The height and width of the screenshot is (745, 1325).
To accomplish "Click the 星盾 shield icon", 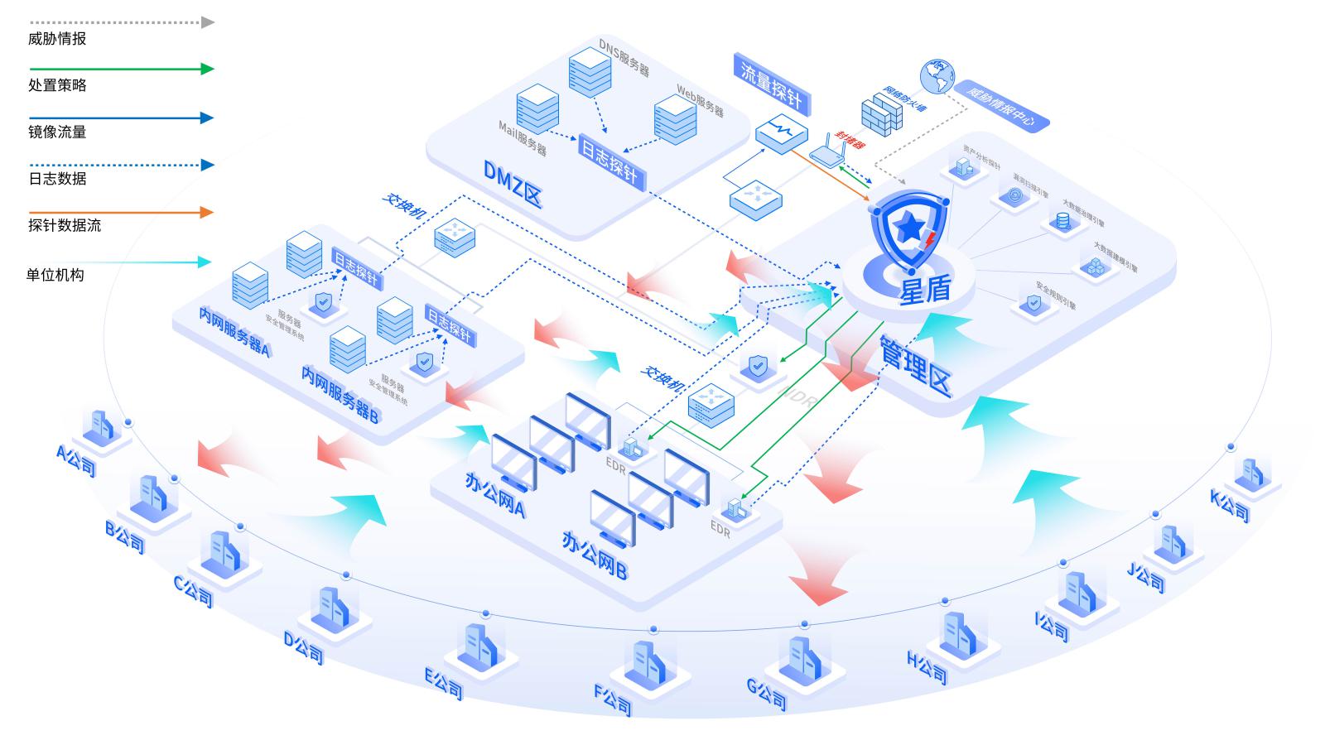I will point(907,228).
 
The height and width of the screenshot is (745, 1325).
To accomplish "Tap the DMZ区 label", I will point(513,185).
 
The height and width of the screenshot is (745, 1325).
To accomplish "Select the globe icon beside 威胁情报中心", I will point(937,76).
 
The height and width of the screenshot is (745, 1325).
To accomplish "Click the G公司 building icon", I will point(799,657).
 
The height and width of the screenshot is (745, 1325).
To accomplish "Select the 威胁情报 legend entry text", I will point(57,39).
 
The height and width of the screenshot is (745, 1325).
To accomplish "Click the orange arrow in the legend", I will point(121,213).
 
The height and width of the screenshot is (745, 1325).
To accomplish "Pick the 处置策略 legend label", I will point(57,85).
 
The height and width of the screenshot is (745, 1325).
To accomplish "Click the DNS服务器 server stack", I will point(590,72).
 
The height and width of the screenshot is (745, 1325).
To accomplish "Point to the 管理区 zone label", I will point(915,365).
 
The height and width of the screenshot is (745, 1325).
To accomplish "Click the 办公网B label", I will point(594,555).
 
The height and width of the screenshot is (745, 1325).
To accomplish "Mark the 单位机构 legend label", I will point(55,275).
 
